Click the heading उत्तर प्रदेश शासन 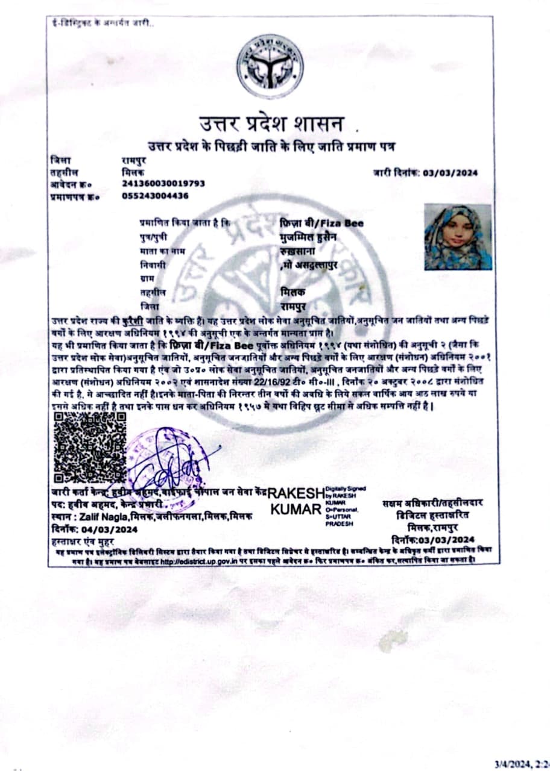272,125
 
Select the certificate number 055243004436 155,195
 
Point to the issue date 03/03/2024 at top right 450,173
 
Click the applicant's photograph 458,237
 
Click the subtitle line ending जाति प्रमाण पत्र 274,146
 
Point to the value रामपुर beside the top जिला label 134,161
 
